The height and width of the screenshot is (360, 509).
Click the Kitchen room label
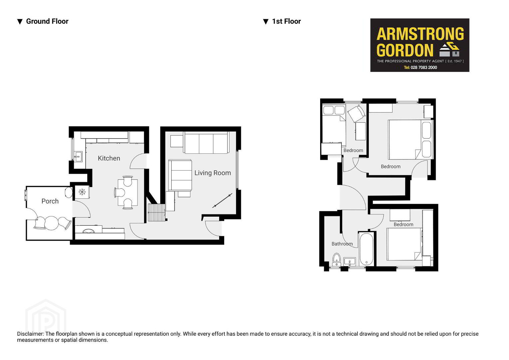(109, 158)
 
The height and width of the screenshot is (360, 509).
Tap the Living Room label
(213, 173)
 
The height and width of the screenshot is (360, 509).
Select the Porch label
(50, 201)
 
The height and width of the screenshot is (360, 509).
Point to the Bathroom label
(342, 244)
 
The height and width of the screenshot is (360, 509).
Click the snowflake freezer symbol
(82, 192)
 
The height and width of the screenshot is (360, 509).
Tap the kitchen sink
(78, 156)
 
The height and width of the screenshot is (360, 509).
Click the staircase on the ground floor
(157, 212)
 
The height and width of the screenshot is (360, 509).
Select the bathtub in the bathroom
(366, 249)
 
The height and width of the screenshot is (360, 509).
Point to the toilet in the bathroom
(336, 260)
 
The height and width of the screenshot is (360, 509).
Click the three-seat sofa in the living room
(206, 143)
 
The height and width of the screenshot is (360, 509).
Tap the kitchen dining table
(128, 193)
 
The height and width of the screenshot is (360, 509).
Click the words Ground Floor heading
(47, 21)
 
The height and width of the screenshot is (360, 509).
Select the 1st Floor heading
(286, 21)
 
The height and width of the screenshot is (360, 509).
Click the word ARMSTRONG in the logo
(420, 34)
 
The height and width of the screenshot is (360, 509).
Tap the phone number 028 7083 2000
(424, 68)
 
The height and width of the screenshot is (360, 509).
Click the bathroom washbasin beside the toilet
(350, 262)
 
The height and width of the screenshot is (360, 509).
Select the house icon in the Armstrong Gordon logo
(449, 50)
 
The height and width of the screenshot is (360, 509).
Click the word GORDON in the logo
(405, 50)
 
